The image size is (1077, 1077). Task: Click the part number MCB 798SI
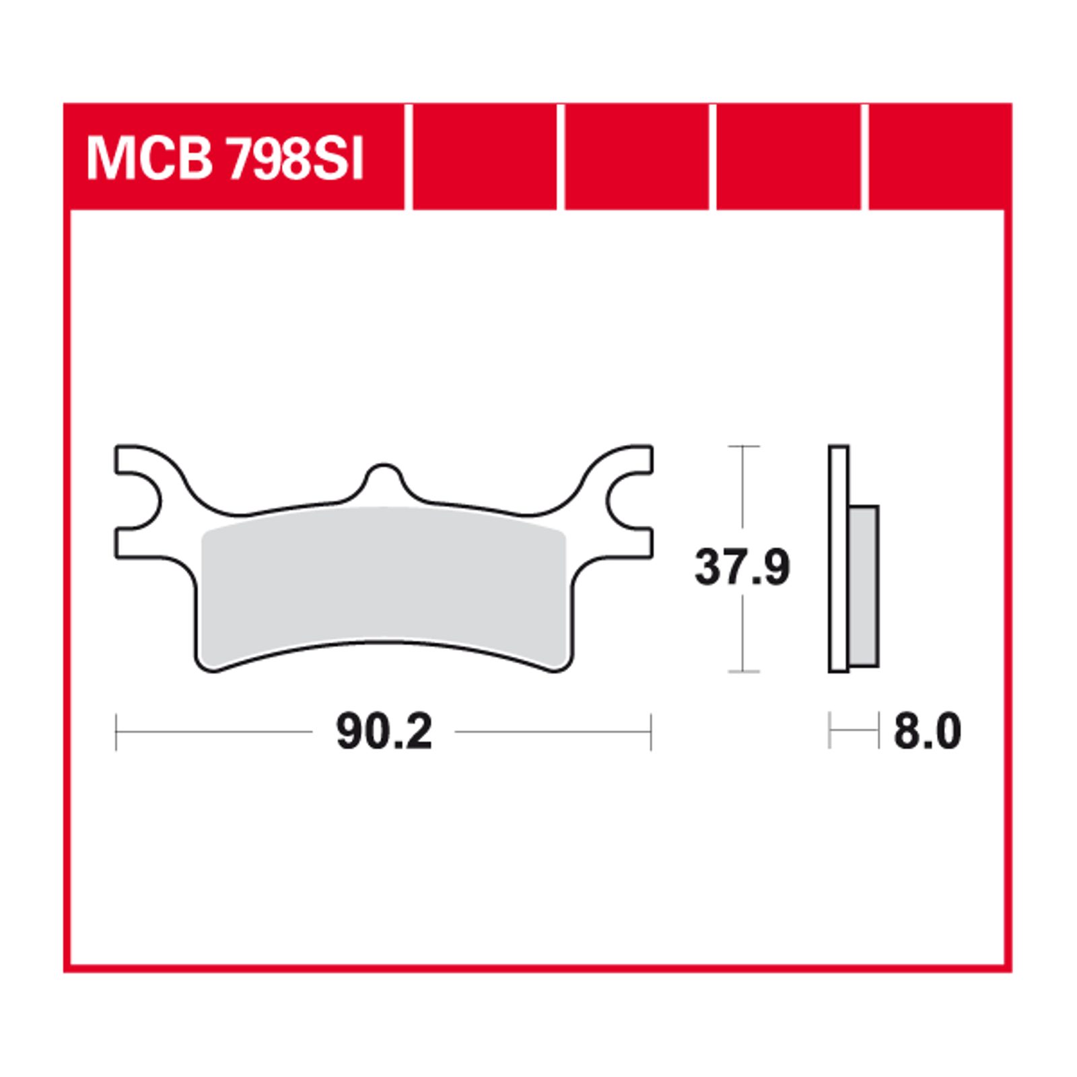[x=225, y=160]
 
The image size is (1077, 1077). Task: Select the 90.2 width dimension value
[x=384, y=732]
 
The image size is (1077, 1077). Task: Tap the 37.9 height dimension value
[x=742, y=567]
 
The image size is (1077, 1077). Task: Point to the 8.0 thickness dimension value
[x=928, y=732]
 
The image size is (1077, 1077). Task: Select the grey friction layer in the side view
[x=864, y=586]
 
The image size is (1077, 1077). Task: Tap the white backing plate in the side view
[x=839, y=559]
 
